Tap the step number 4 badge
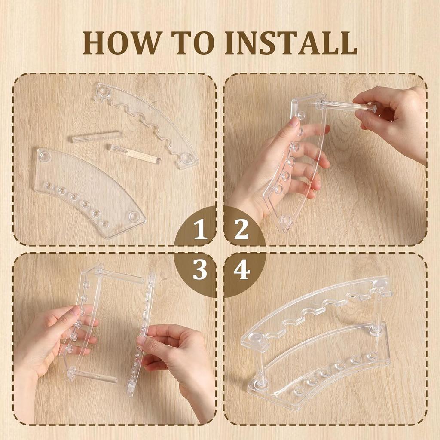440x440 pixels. click(x=241, y=271)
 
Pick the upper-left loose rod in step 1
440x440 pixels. click(x=97, y=137)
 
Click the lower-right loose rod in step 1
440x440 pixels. click(x=135, y=154)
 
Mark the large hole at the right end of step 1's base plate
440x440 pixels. click(x=134, y=217)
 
